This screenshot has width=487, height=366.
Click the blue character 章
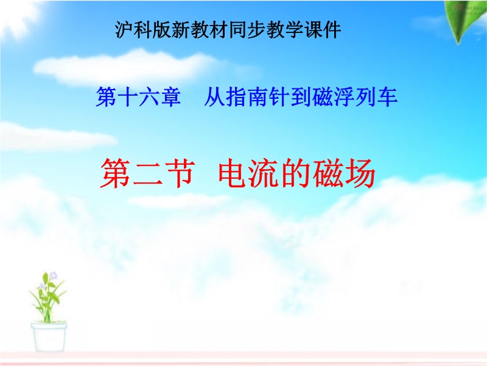pyautogui.click(x=171, y=97)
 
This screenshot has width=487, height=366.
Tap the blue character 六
pyautogui.click(x=149, y=97)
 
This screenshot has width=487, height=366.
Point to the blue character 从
pyautogui.click(x=214, y=97)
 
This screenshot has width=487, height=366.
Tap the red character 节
pyautogui.click(x=180, y=173)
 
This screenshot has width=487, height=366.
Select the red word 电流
pyautogui.click(x=249, y=173)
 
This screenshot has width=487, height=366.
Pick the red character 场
pyautogui.click(x=360, y=173)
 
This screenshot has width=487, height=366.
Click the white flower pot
pyautogui.click(x=49, y=337)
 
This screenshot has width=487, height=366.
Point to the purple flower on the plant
pyautogui.click(x=54, y=276)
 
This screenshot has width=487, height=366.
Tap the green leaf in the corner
pyautogui.click(x=464, y=21)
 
